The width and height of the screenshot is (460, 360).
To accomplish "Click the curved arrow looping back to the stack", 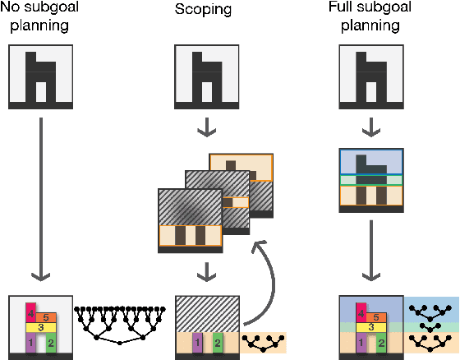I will [263, 279].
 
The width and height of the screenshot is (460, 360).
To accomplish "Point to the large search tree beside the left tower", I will [123, 324].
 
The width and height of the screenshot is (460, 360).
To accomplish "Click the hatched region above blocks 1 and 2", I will [207, 314].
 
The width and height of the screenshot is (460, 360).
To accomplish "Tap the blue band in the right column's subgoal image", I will [371, 161].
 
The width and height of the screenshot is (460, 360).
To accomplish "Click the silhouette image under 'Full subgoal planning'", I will [371, 77].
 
